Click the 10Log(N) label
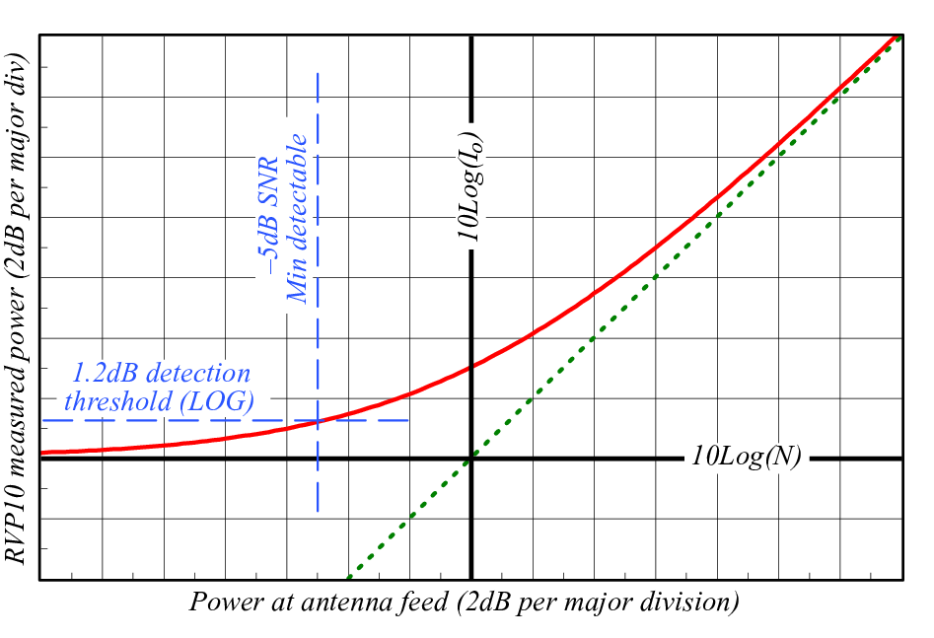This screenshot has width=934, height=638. coord(746,457)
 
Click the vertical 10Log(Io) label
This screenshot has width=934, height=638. coord(470,186)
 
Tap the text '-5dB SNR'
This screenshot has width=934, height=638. coord(268,215)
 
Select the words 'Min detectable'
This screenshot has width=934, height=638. coord(297,218)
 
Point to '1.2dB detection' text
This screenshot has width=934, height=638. coord(162,373)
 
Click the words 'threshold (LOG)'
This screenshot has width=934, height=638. coord(160,400)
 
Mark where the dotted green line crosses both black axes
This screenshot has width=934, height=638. coord(471,459)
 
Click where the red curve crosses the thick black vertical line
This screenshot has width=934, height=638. coord(471,367)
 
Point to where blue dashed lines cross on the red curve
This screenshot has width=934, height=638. coord(318,421)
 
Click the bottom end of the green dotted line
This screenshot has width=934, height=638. coord(348,578)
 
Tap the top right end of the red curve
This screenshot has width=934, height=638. coord(900,35)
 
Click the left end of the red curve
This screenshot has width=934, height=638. coord(40,453)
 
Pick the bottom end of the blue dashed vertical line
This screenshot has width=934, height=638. coord(318,511)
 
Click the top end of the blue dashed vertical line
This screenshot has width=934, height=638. coord(318,73)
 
